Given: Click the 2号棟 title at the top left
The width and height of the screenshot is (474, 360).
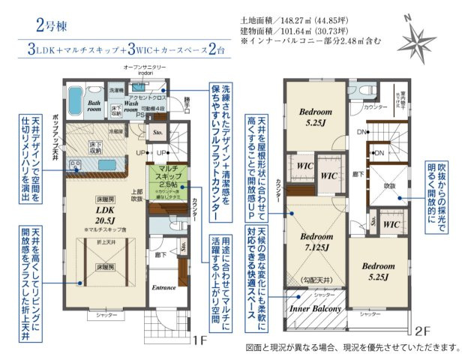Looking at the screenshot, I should [x=50, y=24].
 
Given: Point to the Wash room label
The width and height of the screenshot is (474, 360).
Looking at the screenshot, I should [x=136, y=105].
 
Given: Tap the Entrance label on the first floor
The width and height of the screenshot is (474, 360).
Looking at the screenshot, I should [x=163, y=287].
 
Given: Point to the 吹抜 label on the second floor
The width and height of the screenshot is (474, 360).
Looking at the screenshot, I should [x=389, y=184].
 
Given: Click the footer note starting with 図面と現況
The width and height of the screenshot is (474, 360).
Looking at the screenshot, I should [x=351, y=348].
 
